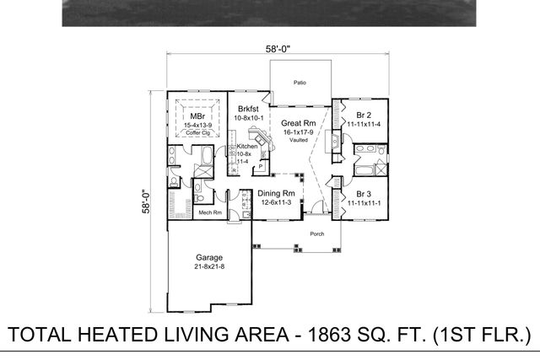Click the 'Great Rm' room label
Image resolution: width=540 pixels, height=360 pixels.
298,122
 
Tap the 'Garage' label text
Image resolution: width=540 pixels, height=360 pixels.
209,256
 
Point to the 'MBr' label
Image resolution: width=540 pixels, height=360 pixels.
197,116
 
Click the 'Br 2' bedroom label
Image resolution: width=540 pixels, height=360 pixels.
364,114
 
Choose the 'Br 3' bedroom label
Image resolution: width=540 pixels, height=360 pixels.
364,193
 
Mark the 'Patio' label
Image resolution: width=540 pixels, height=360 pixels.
300,83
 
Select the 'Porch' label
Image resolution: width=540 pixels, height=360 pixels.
317,234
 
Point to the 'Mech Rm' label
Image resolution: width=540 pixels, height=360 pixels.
209,212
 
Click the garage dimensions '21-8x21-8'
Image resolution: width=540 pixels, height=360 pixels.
209,266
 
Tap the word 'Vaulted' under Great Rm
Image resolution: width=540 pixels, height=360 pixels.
298,140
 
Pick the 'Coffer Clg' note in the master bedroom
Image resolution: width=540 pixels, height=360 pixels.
197,132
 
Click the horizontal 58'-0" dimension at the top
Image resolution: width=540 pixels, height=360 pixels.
278,50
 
